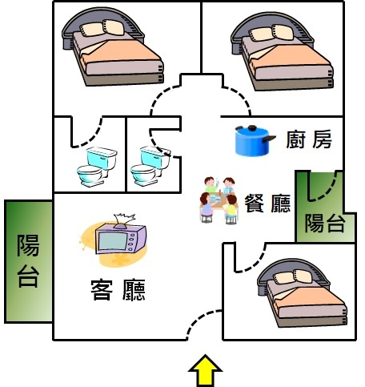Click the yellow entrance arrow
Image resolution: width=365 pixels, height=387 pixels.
[205, 371]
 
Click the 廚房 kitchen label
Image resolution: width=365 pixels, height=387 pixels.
[309, 139]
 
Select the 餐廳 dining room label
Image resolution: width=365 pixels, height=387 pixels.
[267, 203]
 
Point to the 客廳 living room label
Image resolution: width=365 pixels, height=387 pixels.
[118, 290]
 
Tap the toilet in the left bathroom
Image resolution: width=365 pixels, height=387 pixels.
[97, 167]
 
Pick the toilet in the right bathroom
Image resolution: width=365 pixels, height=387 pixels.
[150, 166]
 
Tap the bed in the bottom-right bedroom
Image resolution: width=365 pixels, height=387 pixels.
[303, 292]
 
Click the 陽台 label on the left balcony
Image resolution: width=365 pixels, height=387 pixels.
[28, 260]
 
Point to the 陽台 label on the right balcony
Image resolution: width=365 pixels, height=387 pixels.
[325, 223]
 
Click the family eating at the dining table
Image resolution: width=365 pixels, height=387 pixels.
[219, 200]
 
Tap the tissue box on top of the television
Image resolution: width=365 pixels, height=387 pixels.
[124, 221]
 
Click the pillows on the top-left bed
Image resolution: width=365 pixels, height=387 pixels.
[102, 28]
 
